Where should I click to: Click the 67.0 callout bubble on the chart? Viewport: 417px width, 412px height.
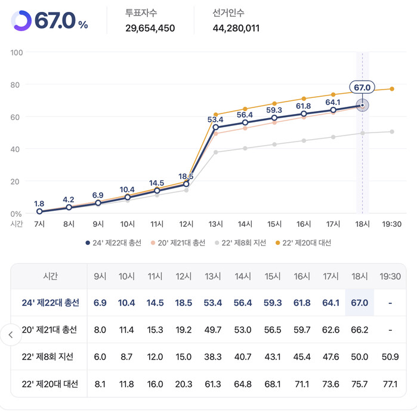click(362, 88)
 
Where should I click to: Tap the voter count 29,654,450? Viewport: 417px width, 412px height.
click(150, 28)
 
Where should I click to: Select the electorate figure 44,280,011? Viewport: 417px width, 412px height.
click(236, 28)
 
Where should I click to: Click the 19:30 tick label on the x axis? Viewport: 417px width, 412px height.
click(391, 224)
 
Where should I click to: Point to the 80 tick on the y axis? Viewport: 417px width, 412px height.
click(17, 85)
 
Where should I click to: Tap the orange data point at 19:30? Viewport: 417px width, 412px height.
click(392, 89)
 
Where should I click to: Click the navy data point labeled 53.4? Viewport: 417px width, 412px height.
click(215, 127)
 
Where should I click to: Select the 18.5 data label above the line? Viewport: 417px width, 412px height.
click(186, 176)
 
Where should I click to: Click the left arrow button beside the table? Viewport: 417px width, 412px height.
click(10, 334)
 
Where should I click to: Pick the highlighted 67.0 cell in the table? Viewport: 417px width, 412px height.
click(360, 303)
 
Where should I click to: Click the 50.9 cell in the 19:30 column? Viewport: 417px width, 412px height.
click(390, 356)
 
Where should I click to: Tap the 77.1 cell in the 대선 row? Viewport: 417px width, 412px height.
click(390, 384)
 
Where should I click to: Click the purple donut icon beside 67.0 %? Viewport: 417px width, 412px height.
click(21, 20)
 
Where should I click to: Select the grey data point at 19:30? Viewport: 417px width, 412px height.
click(392, 131)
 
